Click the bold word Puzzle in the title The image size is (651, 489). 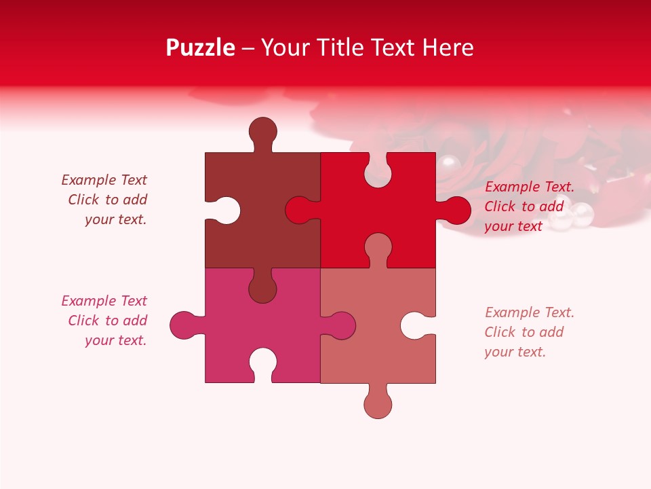[x=200, y=48]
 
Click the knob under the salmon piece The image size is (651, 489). [x=378, y=403]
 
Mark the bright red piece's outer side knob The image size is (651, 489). [x=456, y=211]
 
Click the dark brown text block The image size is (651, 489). [x=106, y=200]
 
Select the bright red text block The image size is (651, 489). [x=529, y=206]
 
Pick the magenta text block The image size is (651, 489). [x=106, y=321]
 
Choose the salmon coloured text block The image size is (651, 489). [x=529, y=332]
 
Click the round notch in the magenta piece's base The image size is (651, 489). [x=262, y=363]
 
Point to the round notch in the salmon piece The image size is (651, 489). [x=416, y=325]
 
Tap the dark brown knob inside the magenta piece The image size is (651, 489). [x=262, y=287]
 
